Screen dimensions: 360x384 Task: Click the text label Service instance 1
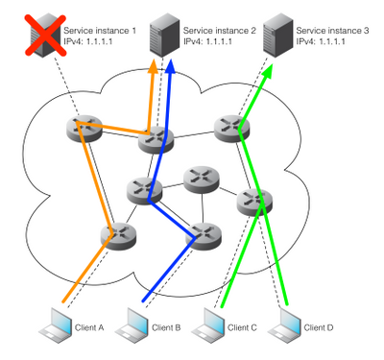(100, 31)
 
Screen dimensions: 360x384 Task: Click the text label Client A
(88, 327)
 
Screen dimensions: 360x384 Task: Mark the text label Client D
(319, 327)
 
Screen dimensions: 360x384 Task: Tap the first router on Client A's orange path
(119, 232)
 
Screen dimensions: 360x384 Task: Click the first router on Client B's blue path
(200, 233)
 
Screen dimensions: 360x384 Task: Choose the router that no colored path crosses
(199, 179)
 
